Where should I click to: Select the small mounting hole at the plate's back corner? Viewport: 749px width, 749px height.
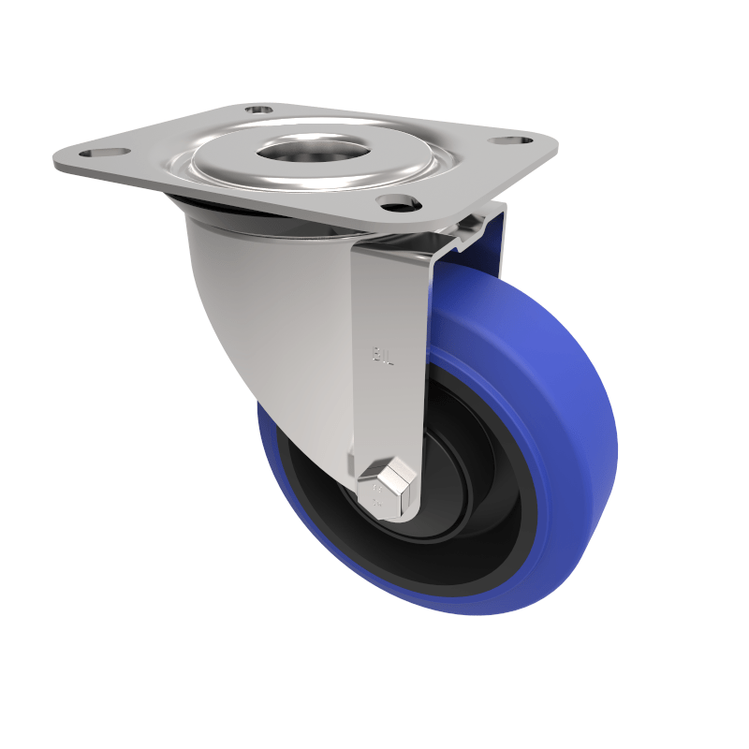259,110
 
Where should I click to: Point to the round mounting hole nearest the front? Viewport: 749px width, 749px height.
395,200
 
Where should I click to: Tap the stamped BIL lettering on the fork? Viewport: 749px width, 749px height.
381,355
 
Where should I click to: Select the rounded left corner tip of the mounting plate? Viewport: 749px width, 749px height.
59,161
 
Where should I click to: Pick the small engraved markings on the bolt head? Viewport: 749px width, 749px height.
379,491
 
